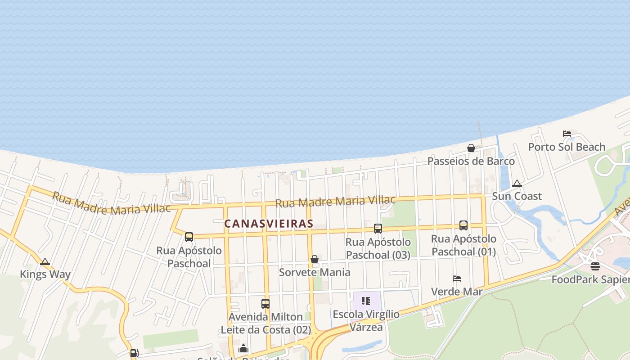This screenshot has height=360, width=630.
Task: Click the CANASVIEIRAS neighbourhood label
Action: click(269, 224)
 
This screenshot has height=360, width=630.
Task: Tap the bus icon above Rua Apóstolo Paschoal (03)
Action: click(378, 229)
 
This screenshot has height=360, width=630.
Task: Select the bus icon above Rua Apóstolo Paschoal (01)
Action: click(463, 225)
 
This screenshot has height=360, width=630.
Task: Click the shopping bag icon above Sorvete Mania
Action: click(315, 259)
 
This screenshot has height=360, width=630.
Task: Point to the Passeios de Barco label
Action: click(471, 161)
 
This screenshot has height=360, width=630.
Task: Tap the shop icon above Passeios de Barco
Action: click(471, 148)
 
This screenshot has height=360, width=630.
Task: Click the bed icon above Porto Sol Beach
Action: click(567, 134)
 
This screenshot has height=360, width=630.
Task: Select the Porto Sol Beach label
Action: click(567, 147)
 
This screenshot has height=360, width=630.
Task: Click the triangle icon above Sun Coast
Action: click(517, 183)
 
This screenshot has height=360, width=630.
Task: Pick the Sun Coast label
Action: click(517, 196)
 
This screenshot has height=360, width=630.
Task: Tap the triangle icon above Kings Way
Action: click(45, 261)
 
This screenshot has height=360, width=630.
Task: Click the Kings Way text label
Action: click(45, 274)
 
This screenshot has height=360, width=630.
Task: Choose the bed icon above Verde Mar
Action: click(457, 279)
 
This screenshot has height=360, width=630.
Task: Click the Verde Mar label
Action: click(457, 292)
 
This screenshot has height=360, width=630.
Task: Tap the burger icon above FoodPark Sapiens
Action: click(595, 266)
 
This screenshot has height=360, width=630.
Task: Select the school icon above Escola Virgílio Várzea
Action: click(365, 301)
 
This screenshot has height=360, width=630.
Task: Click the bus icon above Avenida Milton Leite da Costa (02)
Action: click(265, 304)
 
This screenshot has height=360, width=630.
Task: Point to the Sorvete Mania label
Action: click(315, 272)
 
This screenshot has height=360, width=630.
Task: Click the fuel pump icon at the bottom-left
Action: click(134, 353)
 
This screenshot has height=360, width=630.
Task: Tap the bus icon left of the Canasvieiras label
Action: click(189, 237)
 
